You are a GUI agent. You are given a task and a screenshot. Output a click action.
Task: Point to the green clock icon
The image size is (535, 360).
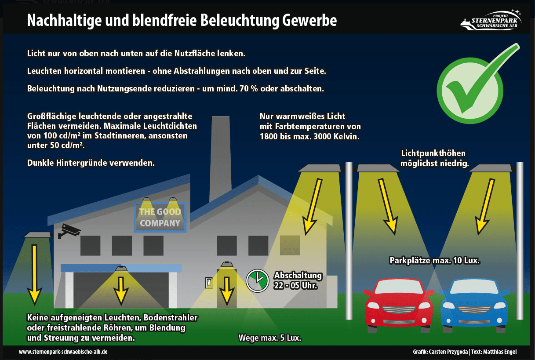[257, 280]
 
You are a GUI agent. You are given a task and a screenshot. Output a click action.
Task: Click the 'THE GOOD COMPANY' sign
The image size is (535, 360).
[160, 218]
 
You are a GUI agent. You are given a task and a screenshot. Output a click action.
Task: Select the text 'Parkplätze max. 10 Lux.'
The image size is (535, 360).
[434, 261]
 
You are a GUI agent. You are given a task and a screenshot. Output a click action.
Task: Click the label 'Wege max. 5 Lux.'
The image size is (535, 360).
[270, 338]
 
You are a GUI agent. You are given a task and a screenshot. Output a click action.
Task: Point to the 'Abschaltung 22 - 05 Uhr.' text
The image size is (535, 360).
[298, 280]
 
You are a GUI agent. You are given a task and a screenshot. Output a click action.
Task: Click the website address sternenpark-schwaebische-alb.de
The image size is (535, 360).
[63, 352]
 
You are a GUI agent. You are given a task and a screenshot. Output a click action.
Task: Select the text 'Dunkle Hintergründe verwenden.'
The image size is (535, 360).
[91, 163]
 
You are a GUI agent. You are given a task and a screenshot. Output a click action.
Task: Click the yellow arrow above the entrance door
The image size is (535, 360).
[227, 290]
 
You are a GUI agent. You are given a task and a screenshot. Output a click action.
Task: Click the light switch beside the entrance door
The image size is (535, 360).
[209, 283]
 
